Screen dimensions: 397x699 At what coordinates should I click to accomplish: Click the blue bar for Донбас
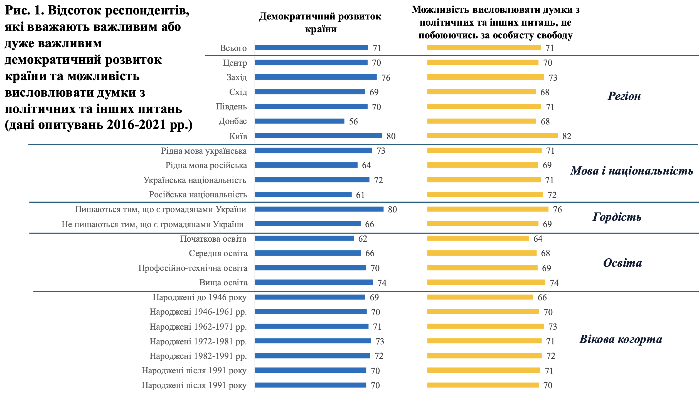pyautogui.click(x=299, y=121)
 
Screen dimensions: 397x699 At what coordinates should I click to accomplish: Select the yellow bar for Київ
pyautogui.click(x=493, y=136)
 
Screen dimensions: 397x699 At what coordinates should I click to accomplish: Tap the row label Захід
pyautogui.click(x=237, y=77)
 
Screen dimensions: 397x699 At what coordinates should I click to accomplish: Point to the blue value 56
pyautogui.click(x=353, y=122)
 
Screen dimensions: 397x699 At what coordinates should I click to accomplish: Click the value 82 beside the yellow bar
pyautogui.click(x=567, y=136)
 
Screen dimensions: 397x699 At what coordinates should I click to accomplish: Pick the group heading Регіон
pyautogui.click(x=624, y=96)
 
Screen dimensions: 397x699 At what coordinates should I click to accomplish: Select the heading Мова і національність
pyautogui.click(x=631, y=171)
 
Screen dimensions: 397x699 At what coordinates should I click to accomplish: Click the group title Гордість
pyautogui.click(x=617, y=217)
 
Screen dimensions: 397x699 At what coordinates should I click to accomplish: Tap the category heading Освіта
pyautogui.click(x=622, y=263)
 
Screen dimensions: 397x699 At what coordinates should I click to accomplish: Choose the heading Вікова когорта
pyautogui.click(x=621, y=339)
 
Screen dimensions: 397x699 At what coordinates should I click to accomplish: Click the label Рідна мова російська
pyautogui.click(x=206, y=165)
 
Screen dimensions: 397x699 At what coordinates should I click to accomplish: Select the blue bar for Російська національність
pyautogui.click(x=303, y=195)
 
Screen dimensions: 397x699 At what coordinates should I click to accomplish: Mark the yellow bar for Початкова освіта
pyautogui.click(x=478, y=239)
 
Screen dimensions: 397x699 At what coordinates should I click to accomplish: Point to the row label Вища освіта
pyautogui.click(x=223, y=283)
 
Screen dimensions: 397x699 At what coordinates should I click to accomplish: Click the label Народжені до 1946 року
pyautogui.click(x=200, y=297)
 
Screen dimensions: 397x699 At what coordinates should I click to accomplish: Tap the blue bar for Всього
pyautogui.click(x=311, y=48)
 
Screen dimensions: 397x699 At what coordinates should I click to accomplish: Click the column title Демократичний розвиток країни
pyautogui.click(x=320, y=23)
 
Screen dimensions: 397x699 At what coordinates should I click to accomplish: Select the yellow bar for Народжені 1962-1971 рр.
pyautogui.click(x=486, y=326)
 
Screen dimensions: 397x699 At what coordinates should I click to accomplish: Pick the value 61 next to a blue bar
pyautogui.click(x=360, y=195)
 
